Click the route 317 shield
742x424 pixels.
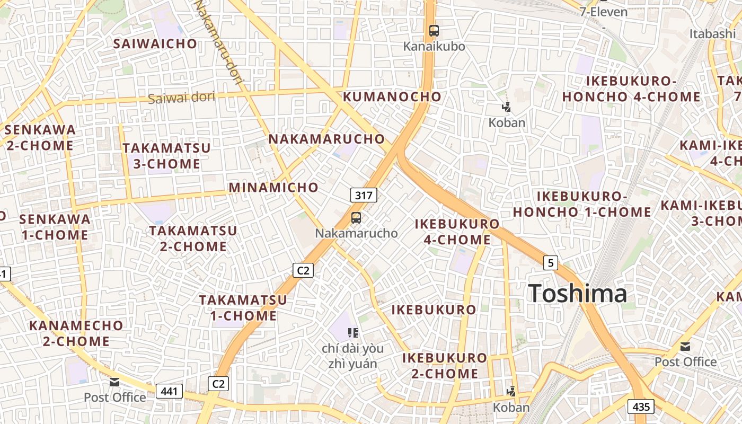[x=364, y=195]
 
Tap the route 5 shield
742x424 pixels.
[x=551, y=262]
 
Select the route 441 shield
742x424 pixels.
[x=169, y=392]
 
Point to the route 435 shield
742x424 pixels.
[x=641, y=407]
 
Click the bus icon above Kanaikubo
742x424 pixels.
[x=434, y=31]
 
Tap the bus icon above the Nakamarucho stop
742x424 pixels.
[x=356, y=217]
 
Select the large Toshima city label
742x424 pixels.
[x=578, y=294]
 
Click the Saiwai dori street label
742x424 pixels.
[x=181, y=98]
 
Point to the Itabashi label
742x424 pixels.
[x=712, y=34]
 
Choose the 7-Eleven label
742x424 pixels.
[x=603, y=12]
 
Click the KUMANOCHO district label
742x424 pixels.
[x=392, y=96]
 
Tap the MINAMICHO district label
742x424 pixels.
[x=273, y=187]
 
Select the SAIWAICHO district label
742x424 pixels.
[x=155, y=43]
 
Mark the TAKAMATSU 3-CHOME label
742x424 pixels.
[x=166, y=156]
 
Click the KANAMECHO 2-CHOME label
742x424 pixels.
[x=76, y=333]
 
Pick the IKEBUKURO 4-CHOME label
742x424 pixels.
[x=457, y=232]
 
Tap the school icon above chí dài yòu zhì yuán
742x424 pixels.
[x=353, y=333]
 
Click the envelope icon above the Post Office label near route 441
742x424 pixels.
[x=114, y=382]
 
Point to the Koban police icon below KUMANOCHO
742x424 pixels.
[x=506, y=107]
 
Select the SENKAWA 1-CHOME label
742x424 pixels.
[x=55, y=227]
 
